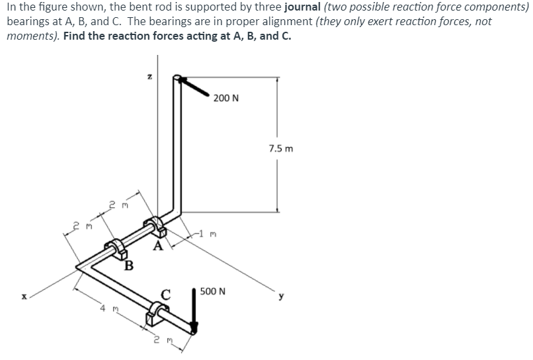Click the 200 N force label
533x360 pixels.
[226, 99]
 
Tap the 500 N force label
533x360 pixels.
[213, 291]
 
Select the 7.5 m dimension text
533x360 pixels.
[281, 148]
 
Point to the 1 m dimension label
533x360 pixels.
[210, 234]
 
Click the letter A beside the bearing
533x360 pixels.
[157, 247]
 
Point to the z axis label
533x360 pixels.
[149, 78]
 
